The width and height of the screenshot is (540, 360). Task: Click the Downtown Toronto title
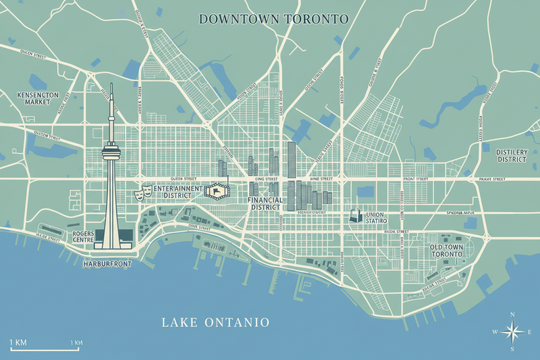click(x=273, y=19)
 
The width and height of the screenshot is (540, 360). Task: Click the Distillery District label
click(x=511, y=156)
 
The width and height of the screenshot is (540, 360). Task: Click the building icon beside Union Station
click(x=354, y=216)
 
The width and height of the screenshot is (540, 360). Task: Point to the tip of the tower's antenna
click(x=111, y=85)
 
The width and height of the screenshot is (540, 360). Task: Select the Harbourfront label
click(x=107, y=264)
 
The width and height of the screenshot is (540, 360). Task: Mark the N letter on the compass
click(x=512, y=314)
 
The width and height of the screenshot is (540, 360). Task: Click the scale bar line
click(x=45, y=350)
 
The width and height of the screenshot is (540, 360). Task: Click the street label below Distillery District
click(x=491, y=179)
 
